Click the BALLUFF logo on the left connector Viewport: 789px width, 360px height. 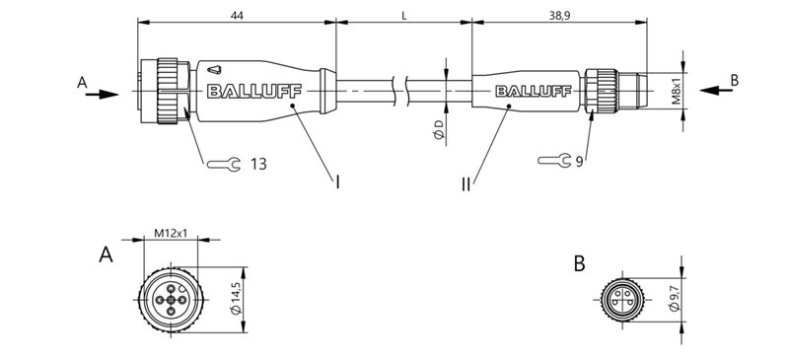tap(248, 93)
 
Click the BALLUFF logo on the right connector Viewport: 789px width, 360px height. tap(533, 93)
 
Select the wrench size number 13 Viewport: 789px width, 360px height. tap(257, 163)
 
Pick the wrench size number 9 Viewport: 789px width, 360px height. tap(580, 161)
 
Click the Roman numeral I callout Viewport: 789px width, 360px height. tap(338, 181)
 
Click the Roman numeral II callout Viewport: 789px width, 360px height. tap(466, 183)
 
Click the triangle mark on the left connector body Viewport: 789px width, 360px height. tap(217, 70)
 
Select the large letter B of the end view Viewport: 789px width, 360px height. tap(579, 263)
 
